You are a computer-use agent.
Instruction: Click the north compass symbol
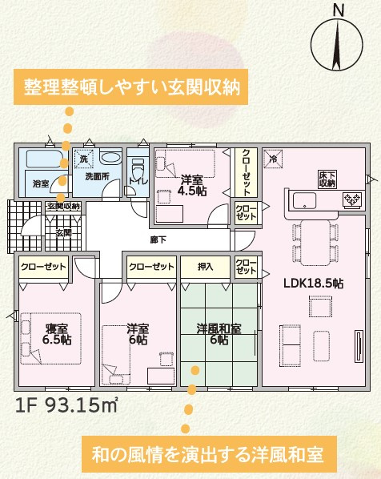tap(337, 43)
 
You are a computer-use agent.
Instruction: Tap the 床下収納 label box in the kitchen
tap(327, 179)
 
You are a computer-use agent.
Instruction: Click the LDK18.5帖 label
tap(314, 284)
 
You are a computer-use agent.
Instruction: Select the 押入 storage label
tap(205, 267)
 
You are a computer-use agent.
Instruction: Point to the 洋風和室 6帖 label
tap(219, 334)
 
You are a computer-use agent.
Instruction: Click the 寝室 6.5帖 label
tap(57, 334)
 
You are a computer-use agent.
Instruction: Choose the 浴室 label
tap(41, 183)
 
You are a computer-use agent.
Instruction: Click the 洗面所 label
tap(98, 176)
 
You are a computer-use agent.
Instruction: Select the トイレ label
tap(138, 181)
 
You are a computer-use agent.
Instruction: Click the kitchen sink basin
tap(305, 201)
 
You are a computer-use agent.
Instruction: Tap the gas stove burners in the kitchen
tap(353, 199)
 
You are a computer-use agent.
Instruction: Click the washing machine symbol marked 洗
tap(84, 159)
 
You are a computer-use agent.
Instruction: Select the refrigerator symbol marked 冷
tap(274, 159)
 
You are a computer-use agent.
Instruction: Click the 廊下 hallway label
tap(158, 239)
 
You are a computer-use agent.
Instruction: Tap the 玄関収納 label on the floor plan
tap(63, 207)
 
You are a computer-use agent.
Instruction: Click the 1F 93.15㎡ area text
tap(66, 405)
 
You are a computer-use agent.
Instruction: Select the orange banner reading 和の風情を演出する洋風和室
tap(209, 454)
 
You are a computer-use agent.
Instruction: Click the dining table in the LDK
tap(315, 243)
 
